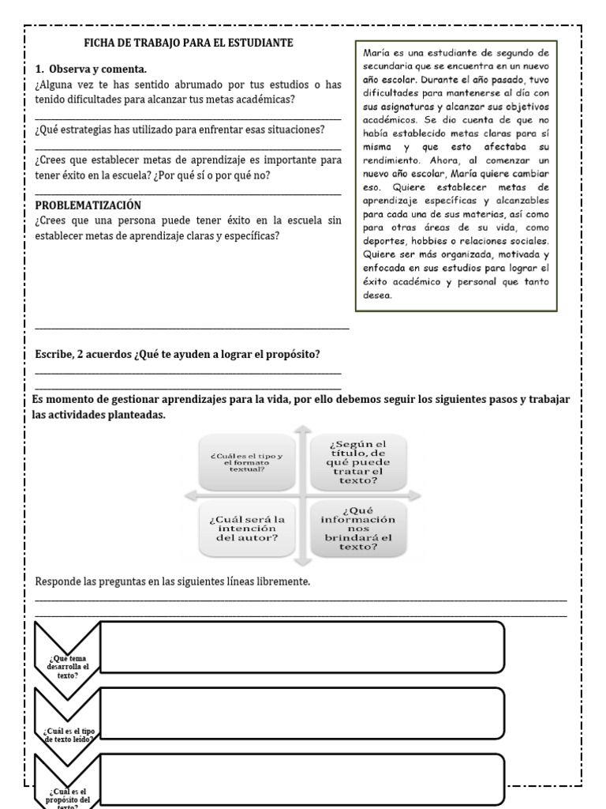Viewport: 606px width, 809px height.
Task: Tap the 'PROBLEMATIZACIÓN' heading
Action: [x=88, y=205]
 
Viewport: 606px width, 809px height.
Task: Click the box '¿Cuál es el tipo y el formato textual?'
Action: [x=248, y=461]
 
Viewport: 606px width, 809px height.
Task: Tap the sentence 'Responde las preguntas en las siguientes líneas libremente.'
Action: [x=173, y=582]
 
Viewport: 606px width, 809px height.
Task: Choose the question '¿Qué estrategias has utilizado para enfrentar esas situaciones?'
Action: [x=180, y=129]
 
